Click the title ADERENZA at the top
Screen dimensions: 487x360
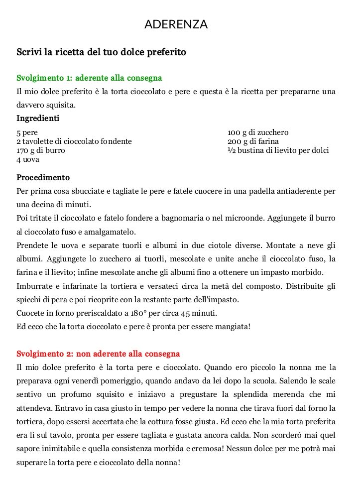(x=176, y=24)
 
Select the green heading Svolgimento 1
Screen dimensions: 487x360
(x=89, y=78)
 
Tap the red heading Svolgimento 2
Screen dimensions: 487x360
(x=98, y=354)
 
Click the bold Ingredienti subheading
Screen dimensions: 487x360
(x=38, y=119)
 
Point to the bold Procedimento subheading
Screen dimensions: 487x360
(x=43, y=178)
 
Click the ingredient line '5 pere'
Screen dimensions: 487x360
(x=27, y=133)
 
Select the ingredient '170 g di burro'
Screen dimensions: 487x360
(x=41, y=150)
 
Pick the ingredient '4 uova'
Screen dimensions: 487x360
(x=28, y=159)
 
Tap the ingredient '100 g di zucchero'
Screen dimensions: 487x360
(x=258, y=133)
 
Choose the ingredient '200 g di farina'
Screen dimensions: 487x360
(x=253, y=141)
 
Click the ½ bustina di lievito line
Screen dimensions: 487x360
(x=278, y=150)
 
